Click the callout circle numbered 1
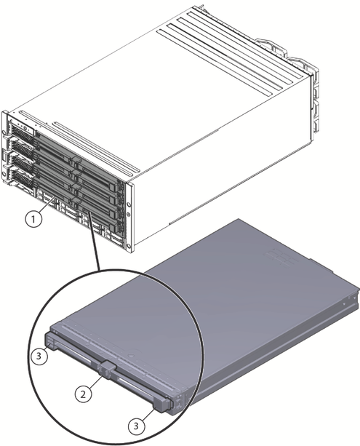33,219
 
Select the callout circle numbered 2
83,394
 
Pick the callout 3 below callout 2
136,426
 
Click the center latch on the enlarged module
107,370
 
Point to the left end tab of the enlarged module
51,339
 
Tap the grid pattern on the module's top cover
282,257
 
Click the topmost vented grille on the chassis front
22,133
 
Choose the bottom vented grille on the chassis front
23,179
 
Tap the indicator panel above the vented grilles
20,123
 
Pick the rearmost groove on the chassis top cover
247,40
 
